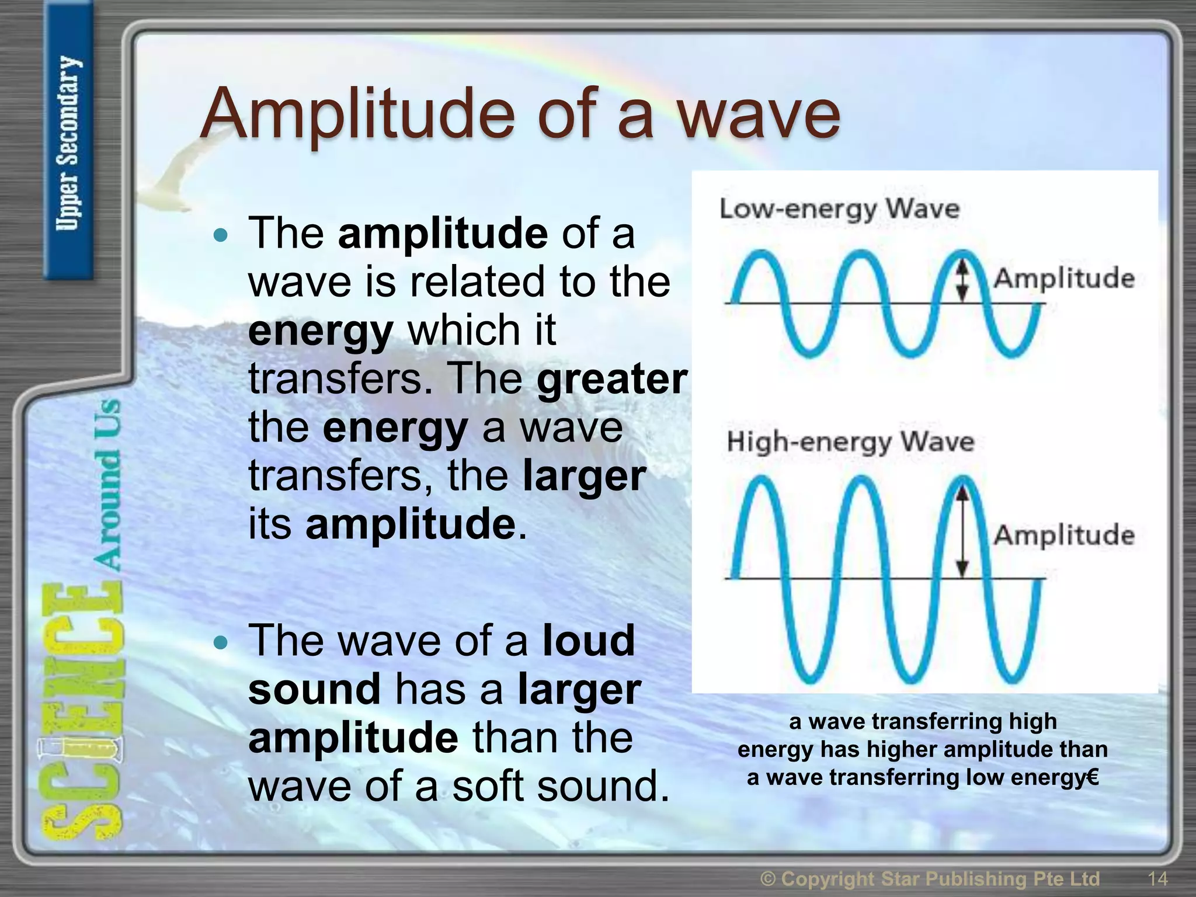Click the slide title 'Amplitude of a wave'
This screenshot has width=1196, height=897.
pos(520,114)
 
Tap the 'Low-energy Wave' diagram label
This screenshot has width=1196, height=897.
pos(839,208)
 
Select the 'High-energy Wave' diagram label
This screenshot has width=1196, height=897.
pos(850,441)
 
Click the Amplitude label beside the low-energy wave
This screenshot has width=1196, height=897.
pos(1064,278)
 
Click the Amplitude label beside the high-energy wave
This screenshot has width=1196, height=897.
pos(1064,535)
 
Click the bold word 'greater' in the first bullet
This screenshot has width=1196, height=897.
pos(612,379)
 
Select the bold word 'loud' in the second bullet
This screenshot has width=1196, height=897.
pos(589,641)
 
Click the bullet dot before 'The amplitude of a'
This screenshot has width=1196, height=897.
pos(220,236)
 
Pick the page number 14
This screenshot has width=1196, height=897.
pos(1157,878)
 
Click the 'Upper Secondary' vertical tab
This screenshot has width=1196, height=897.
pos(68,143)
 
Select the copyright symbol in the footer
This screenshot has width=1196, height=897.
pos(768,878)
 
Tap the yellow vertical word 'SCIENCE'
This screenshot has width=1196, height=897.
pos(82,712)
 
